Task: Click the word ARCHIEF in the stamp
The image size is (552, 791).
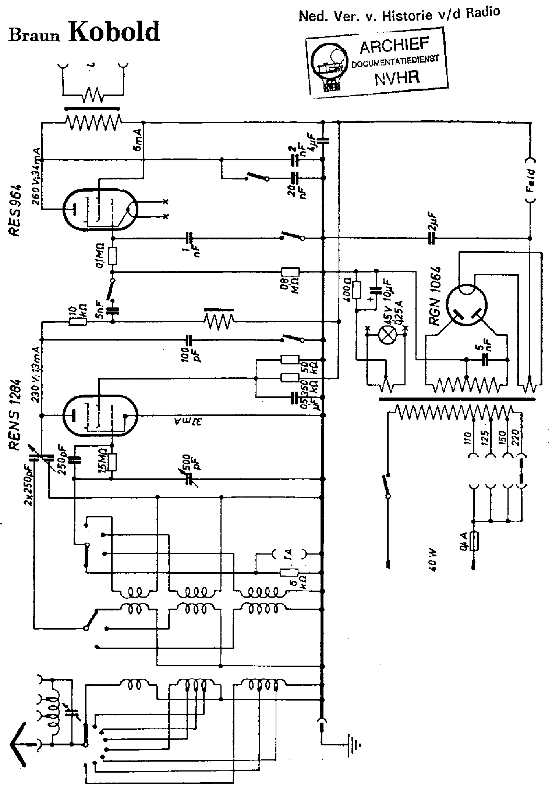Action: coord(394,46)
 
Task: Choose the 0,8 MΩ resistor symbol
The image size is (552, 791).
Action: coord(290,272)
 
